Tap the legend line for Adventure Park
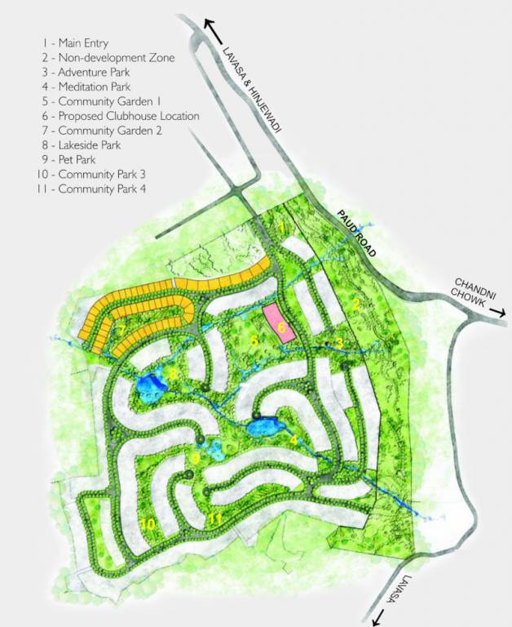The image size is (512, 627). pyautogui.click(x=90, y=72)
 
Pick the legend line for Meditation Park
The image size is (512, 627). pyautogui.click(x=90, y=87)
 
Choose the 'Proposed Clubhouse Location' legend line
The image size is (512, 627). pyautogui.click(x=117, y=116)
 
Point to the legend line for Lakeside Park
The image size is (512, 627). pyautogui.click(x=85, y=145)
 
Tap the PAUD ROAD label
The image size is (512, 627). pyautogui.click(x=356, y=233)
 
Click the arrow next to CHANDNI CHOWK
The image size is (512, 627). pyautogui.click(x=500, y=312)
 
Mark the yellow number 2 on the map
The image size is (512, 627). pyautogui.click(x=355, y=305)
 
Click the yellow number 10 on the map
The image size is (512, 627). pyautogui.click(x=148, y=524)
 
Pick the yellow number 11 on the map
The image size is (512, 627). pyautogui.click(x=215, y=519)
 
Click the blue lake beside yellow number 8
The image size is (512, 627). pyautogui.click(x=149, y=386)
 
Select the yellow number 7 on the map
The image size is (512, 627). pyautogui.click(x=121, y=331)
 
